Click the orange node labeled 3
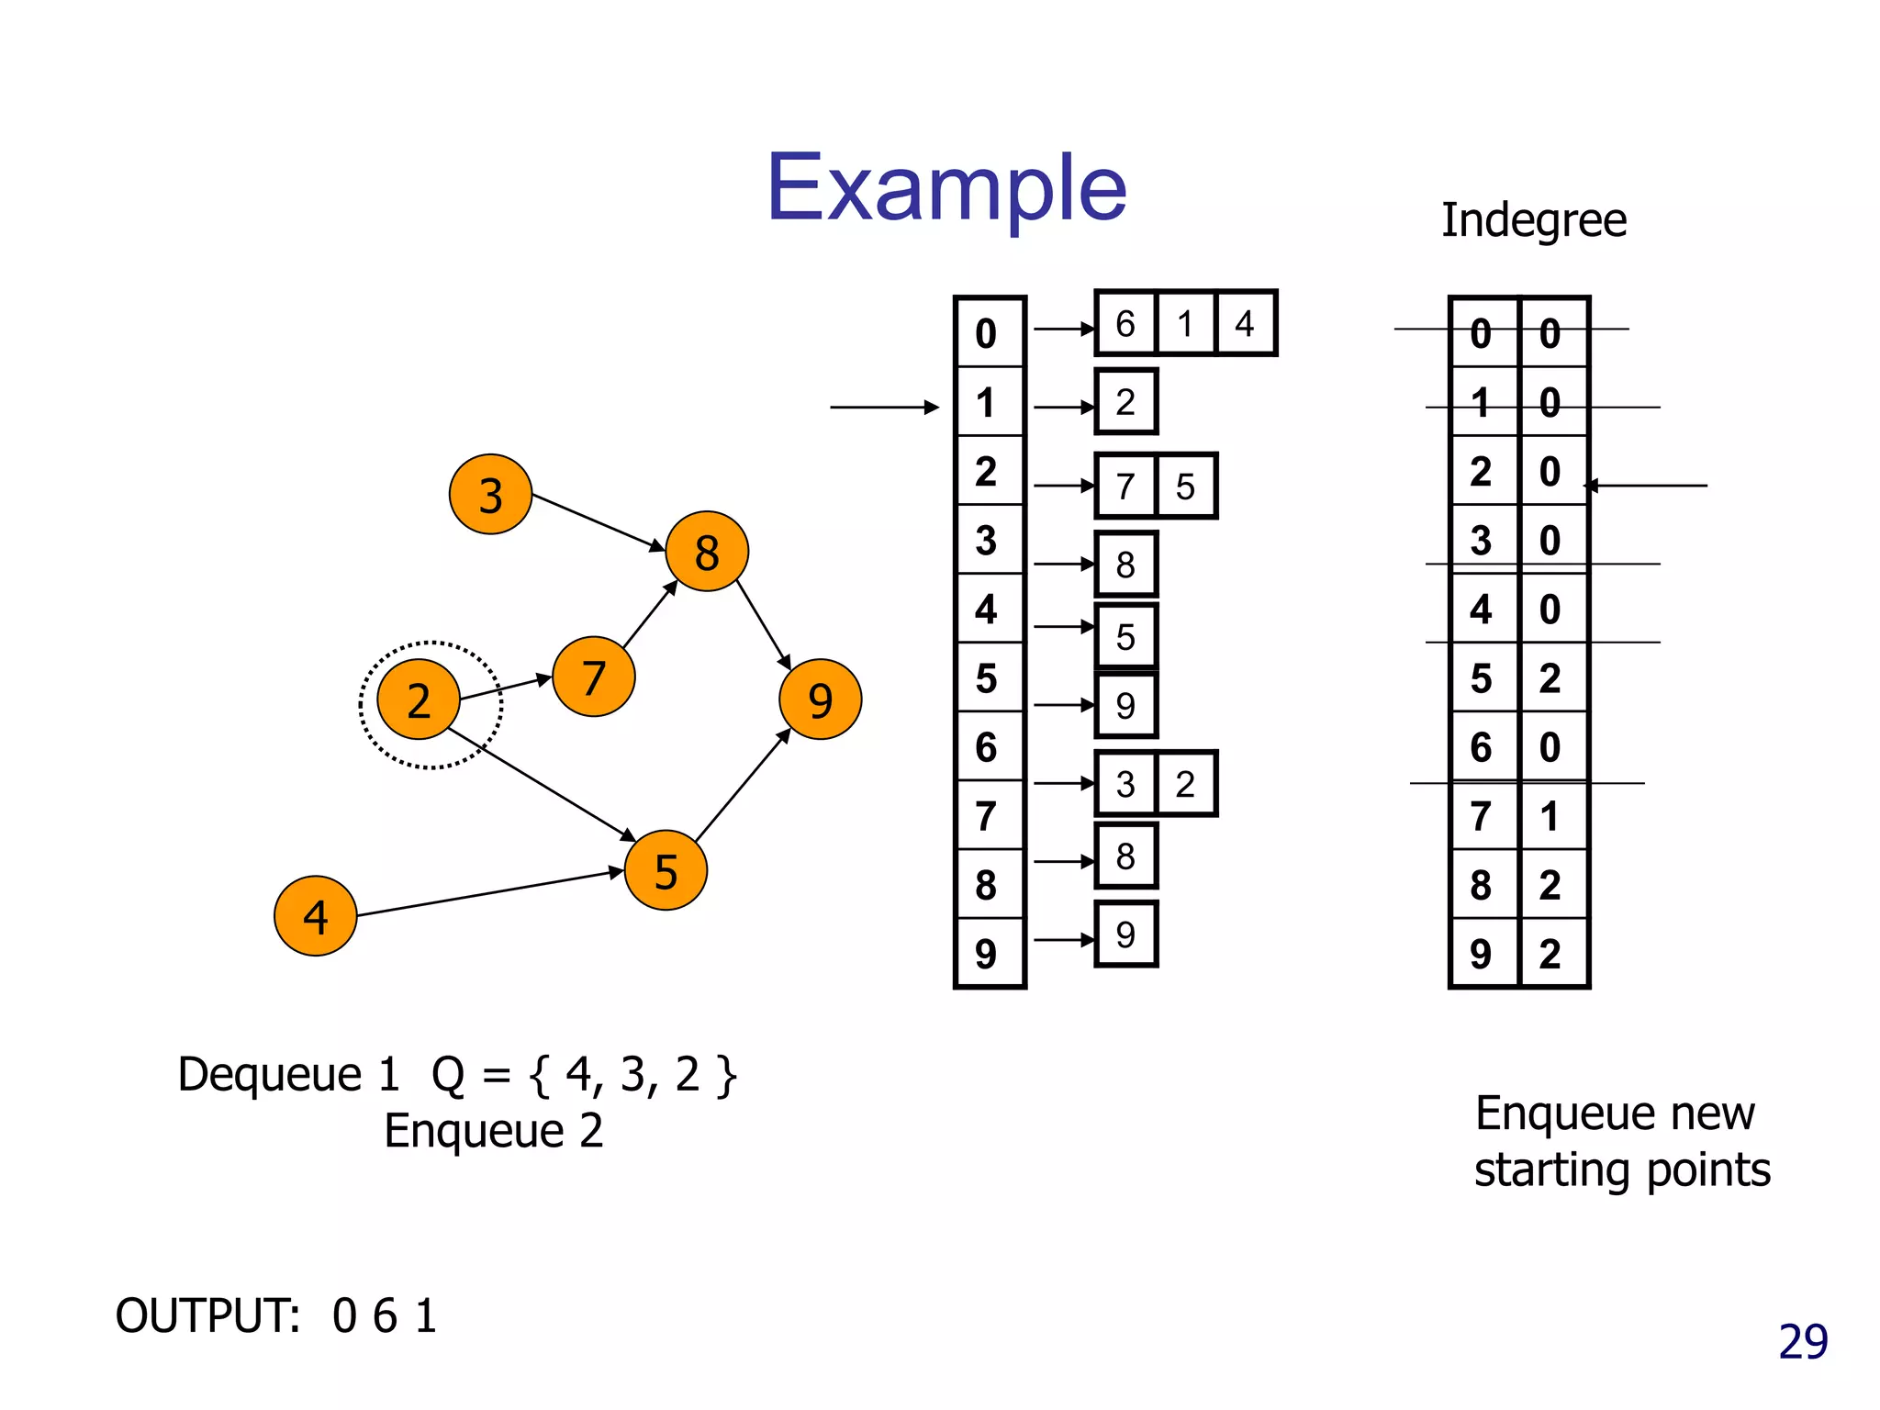coord(490,494)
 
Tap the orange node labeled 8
coord(706,551)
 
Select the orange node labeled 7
coord(593,677)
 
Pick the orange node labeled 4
coord(315,915)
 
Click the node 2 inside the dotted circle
coord(419,699)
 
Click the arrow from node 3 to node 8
coord(598,521)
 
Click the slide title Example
coord(946,187)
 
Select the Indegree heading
coord(1533,220)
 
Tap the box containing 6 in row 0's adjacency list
coord(1125,323)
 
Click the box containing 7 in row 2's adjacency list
coord(1125,486)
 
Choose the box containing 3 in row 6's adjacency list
coord(1125,784)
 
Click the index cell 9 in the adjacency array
coord(987,954)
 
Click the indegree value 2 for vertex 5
coord(1550,677)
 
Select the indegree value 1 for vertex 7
coord(1550,816)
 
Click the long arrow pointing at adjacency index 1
coord(883,407)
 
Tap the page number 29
coord(1803,1342)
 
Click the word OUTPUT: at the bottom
coord(208,1315)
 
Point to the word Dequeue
coord(270,1074)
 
